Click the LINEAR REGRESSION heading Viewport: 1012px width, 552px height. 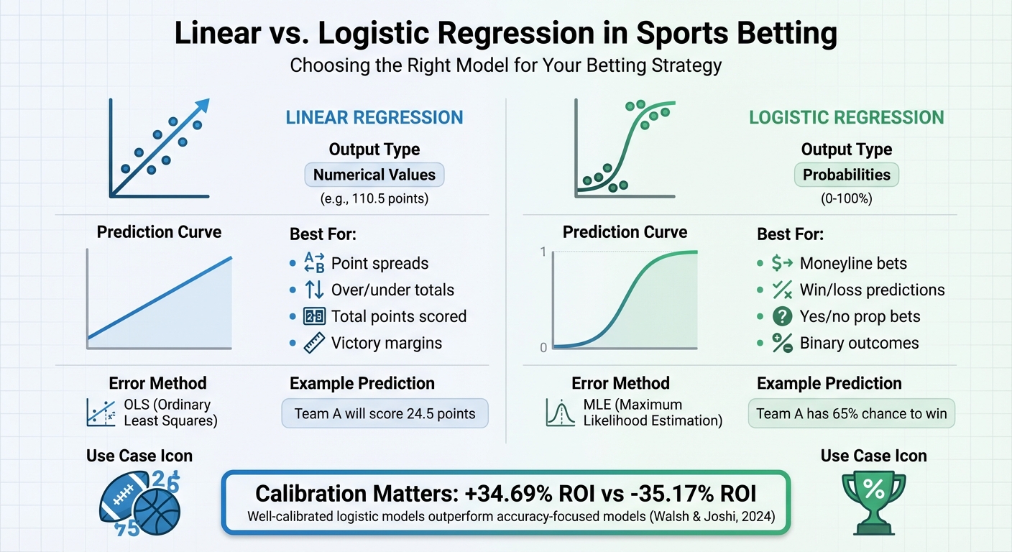374,117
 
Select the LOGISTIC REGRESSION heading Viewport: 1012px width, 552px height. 846,117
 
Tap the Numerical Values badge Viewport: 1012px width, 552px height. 374,175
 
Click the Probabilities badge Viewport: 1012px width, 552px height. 846,175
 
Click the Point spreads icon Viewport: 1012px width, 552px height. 315,263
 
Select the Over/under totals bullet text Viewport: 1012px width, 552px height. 392,290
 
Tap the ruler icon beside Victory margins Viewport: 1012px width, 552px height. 315,344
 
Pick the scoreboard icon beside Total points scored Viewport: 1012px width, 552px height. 315,316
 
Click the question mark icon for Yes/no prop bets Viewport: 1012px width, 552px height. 782,316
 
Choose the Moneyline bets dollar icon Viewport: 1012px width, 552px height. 782,263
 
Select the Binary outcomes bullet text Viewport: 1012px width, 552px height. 859,344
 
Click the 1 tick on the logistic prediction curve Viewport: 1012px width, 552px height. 543,252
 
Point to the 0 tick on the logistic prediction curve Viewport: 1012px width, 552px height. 543,348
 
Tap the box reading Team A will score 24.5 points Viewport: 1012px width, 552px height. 385,414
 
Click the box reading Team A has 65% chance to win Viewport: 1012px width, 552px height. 852,414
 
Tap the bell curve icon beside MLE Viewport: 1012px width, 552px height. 561,413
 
